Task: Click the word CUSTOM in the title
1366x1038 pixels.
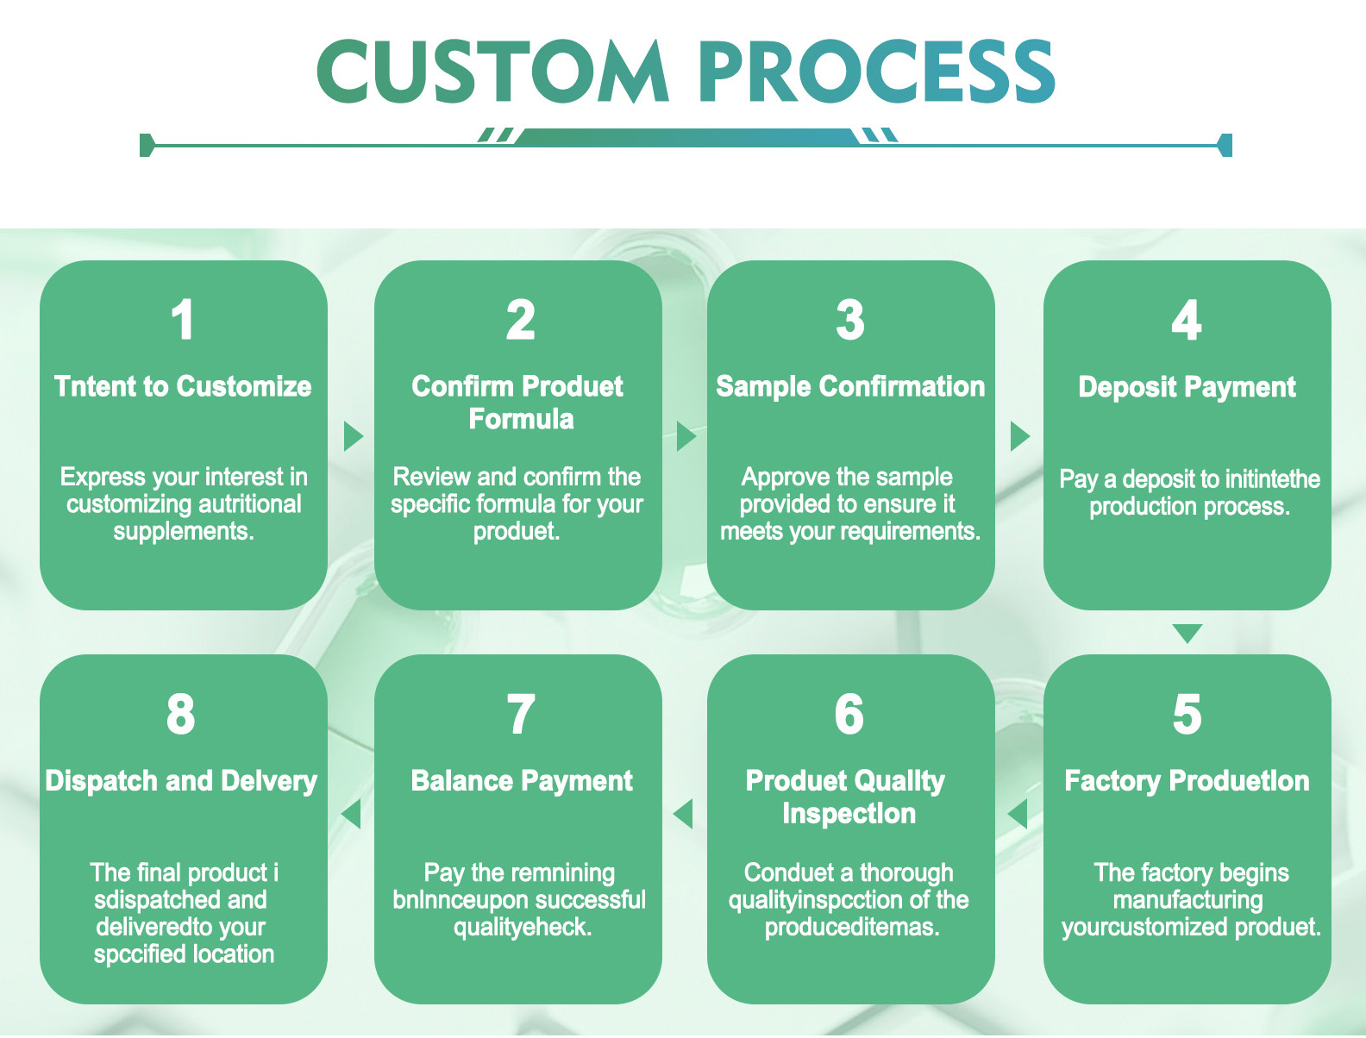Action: tap(492, 72)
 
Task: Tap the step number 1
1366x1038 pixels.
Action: tap(182, 321)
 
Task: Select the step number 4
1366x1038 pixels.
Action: tap(1187, 321)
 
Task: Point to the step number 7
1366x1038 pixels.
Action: tap(520, 715)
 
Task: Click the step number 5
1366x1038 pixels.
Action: tap(1187, 715)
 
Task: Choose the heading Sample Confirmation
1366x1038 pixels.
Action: tap(850, 386)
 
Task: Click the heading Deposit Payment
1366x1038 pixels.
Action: tap(1187, 387)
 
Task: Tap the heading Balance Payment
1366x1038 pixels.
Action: tap(522, 781)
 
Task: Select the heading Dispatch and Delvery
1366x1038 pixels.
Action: tap(181, 781)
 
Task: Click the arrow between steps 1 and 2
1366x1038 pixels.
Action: tap(352, 436)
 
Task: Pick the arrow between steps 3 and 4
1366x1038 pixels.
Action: tap(1019, 436)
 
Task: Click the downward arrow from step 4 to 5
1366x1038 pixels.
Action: tap(1187, 634)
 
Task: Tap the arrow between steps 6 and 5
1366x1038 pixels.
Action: tap(1018, 813)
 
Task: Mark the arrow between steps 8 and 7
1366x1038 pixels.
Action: tap(351, 813)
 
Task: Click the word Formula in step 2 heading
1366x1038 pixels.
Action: tap(521, 419)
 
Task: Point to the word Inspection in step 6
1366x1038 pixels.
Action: tap(849, 814)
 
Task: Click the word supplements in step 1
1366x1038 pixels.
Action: tap(183, 531)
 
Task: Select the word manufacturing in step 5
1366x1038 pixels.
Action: tap(1187, 900)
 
